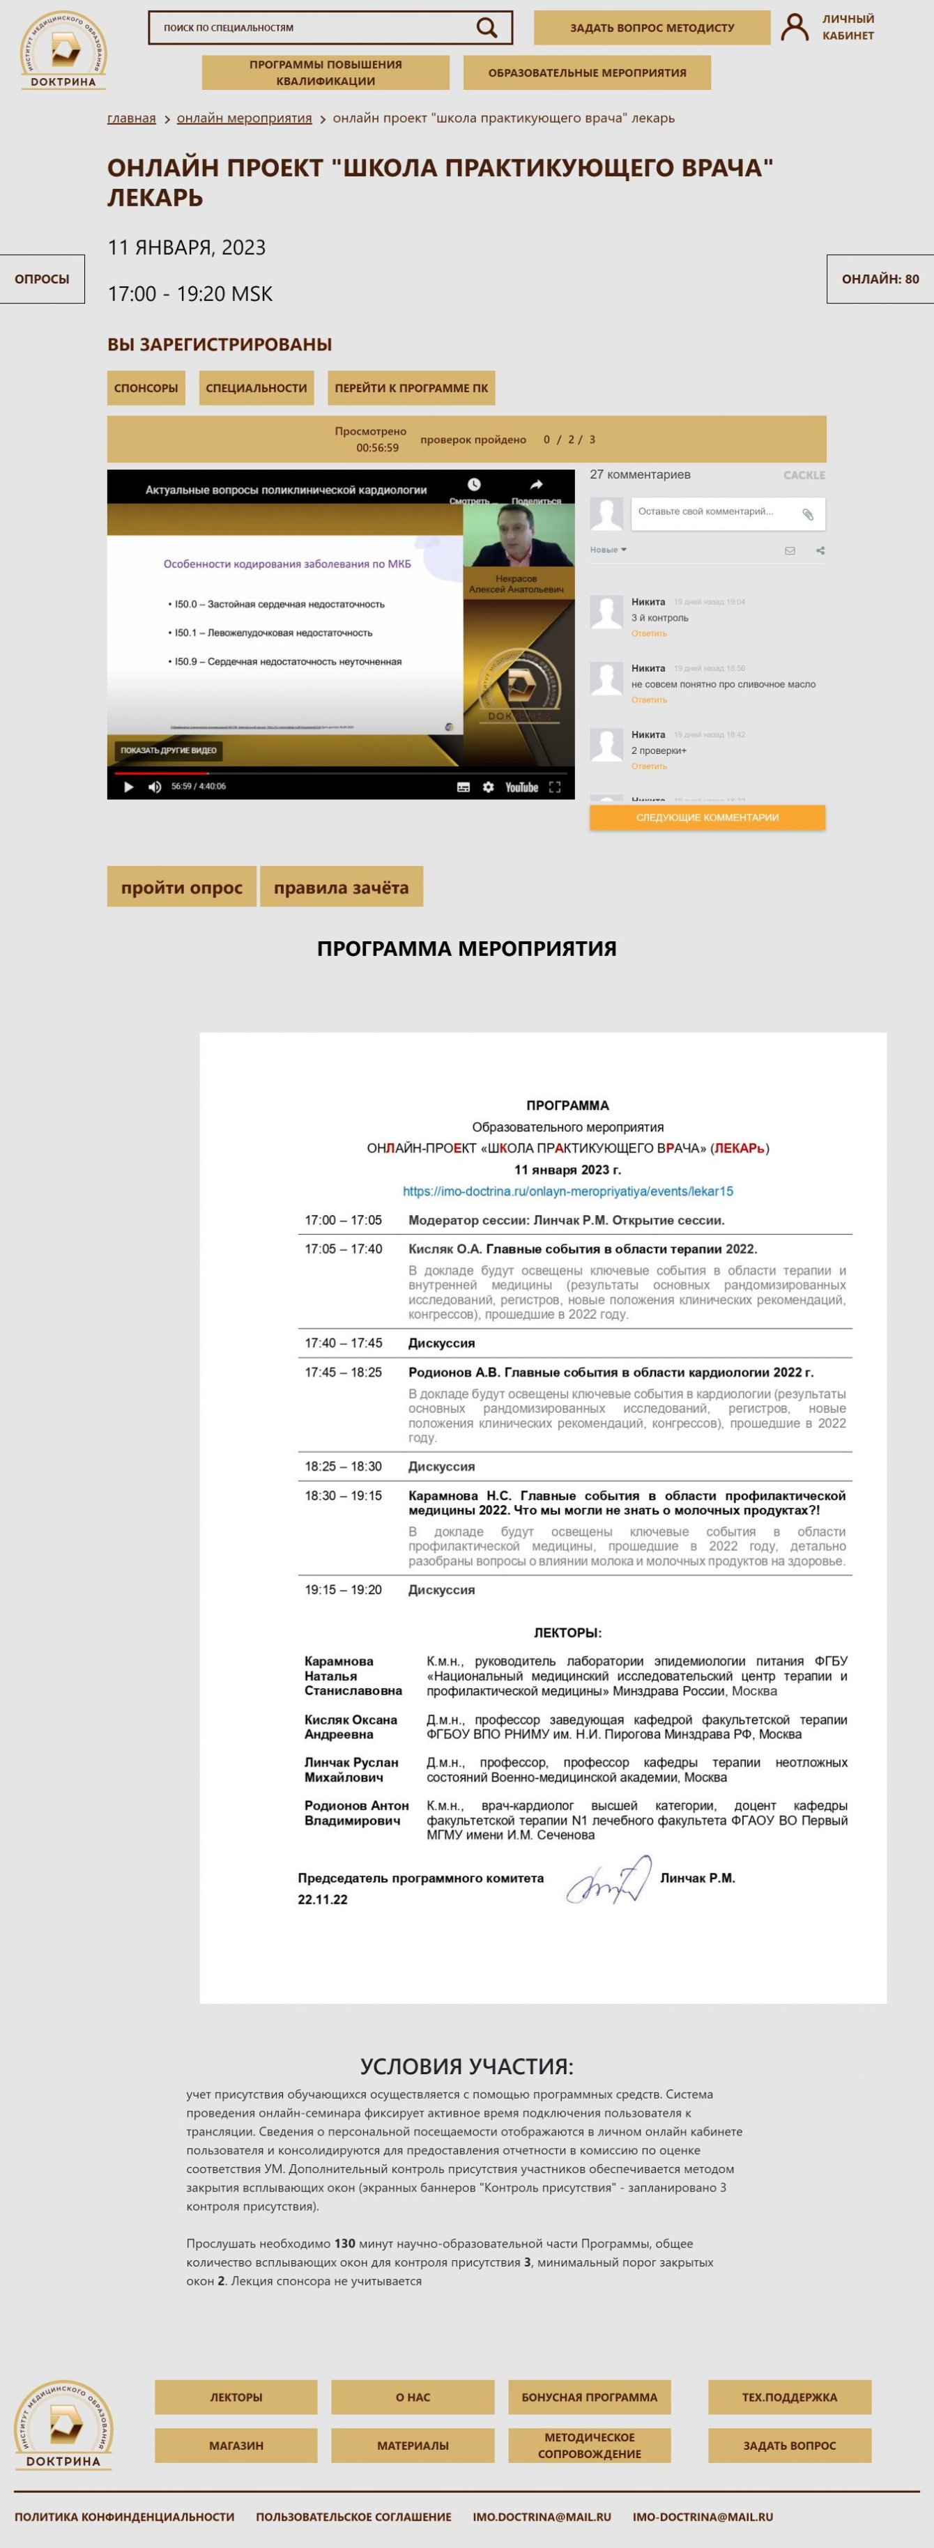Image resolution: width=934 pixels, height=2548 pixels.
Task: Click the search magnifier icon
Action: click(x=487, y=28)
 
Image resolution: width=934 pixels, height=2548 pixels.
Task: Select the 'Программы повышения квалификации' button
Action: click(x=326, y=72)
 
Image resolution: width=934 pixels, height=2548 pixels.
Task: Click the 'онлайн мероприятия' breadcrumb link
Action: click(x=245, y=118)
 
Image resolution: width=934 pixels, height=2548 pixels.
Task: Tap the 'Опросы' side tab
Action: click(x=42, y=279)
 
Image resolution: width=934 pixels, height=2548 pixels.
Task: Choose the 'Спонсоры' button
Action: click(x=146, y=387)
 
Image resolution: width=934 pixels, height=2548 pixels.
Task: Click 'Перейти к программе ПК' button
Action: click(x=411, y=387)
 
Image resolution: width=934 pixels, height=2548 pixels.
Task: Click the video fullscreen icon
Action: click(x=555, y=787)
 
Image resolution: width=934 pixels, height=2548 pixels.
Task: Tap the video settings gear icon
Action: click(x=488, y=787)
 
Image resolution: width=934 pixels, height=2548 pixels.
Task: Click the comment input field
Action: click(x=714, y=512)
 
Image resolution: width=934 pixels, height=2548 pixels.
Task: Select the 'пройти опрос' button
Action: click(x=181, y=887)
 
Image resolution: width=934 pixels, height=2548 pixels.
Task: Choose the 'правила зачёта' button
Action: click(x=342, y=887)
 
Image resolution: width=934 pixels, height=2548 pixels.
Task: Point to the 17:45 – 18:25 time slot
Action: click(x=344, y=1372)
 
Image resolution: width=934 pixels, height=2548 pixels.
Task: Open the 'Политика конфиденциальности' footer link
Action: click(x=125, y=2517)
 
